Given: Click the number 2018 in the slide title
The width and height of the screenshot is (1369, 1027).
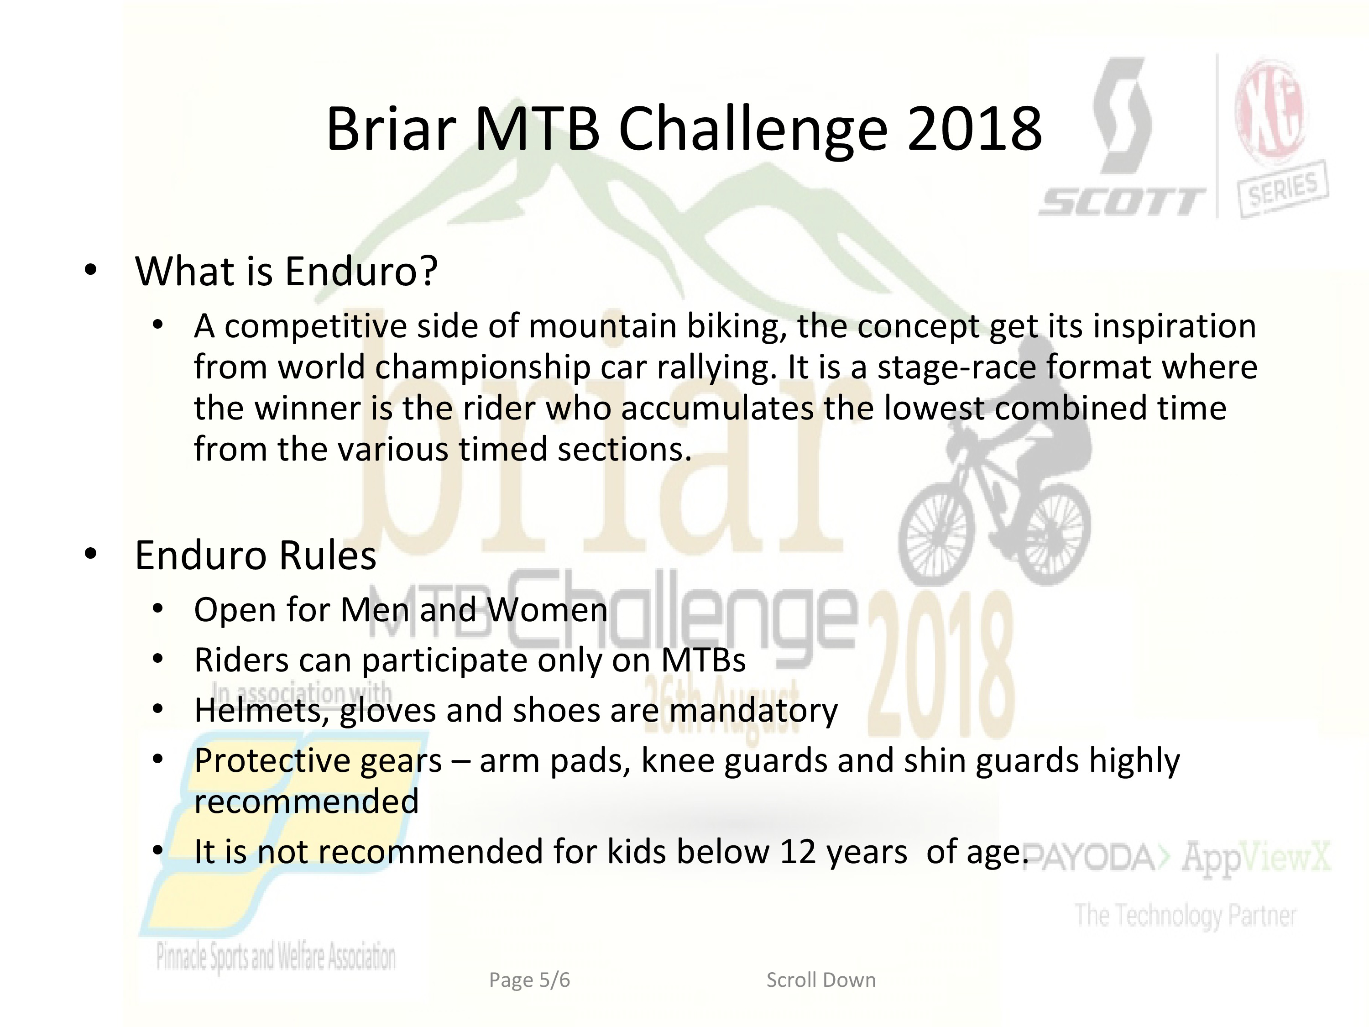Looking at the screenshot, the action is tap(974, 129).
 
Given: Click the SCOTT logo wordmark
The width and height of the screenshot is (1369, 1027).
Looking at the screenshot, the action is tap(1122, 202).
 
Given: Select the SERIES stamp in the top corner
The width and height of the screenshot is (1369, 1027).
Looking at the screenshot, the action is tap(1282, 189).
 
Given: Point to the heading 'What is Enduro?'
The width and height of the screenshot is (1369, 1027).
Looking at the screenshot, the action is tap(286, 271).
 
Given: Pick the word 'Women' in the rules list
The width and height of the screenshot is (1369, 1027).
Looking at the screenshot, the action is tap(547, 610).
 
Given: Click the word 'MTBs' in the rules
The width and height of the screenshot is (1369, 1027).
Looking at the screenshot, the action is tap(704, 660).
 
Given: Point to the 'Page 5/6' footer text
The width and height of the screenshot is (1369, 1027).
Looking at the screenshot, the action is tap(530, 980).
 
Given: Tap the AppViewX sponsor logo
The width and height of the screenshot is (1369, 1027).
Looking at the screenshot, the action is tap(1255, 859).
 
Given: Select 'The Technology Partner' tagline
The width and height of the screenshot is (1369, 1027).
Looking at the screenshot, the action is tap(1185, 916).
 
